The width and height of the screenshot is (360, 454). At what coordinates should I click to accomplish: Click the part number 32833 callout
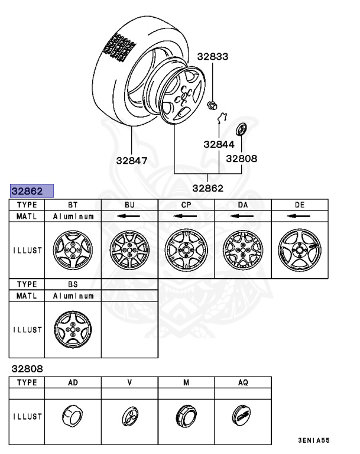(x=212, y=57)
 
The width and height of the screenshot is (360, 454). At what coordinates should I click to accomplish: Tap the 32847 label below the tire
(x=132, y=160)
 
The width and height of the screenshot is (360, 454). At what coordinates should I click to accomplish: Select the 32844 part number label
(x=219, y=144)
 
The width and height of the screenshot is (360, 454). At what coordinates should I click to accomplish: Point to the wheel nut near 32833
(x=211, y=106)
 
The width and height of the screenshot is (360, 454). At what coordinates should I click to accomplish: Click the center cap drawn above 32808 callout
(x=241, y=130)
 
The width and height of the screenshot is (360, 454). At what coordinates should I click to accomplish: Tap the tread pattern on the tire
(x=120, y=47)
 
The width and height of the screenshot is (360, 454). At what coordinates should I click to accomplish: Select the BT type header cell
(x=73, y=205)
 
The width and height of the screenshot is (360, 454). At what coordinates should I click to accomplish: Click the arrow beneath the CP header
(x=186, y=216)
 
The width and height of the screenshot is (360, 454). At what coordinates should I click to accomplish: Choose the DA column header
(x=242, y=205)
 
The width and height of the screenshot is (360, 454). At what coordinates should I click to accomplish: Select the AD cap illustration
(x=73, y=416)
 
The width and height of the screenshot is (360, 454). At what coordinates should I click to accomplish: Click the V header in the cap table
(x=129, y=382)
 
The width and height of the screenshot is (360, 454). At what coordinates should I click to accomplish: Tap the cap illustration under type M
(x=186, y=416)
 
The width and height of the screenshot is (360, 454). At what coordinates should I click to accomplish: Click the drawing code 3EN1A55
(x=313, y=440)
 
